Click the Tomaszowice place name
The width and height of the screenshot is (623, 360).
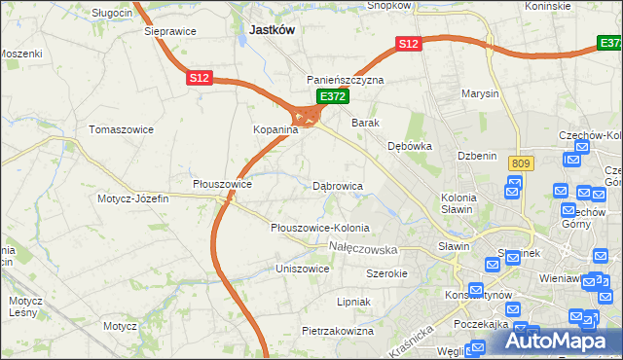click(x=120, y=128)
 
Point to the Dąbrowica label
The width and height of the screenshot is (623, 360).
click(x=338, y=185)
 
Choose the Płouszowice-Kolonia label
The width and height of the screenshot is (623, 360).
click(x=320, y=228)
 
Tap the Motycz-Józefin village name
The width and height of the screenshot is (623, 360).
click(x=133, y=198)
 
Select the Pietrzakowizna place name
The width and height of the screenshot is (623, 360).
click(x=338, y=331)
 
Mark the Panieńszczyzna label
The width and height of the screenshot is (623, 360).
click(x=346, y=80)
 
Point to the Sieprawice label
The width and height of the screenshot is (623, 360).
click(x=170, y=31)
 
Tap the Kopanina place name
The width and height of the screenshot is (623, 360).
click(x=254, y=129)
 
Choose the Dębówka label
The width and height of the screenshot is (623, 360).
click(x=409, y=146)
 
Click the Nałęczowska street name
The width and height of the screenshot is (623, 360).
click(x=370, y=249)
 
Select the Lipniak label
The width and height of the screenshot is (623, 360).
click(x=353, y=302)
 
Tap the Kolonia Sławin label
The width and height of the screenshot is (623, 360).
click(x=458, y=203)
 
